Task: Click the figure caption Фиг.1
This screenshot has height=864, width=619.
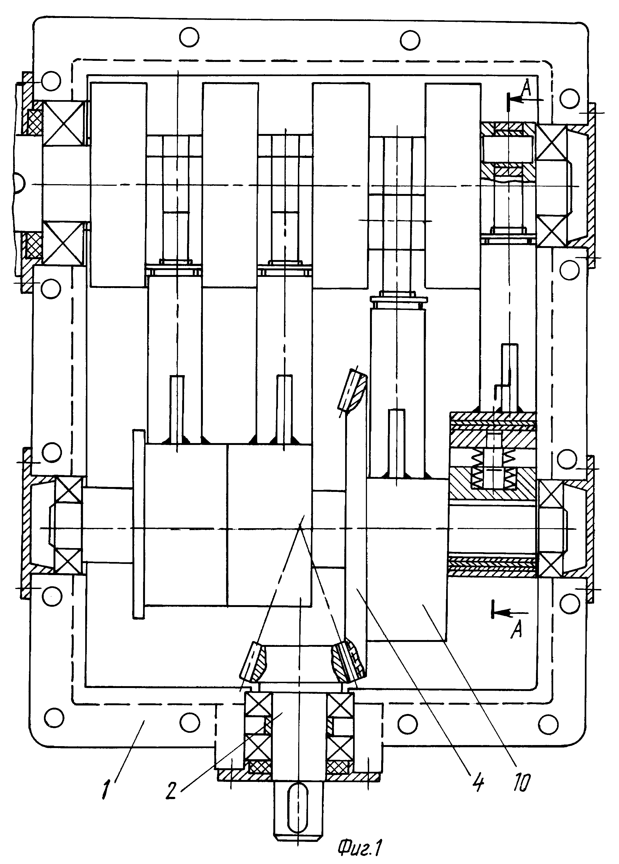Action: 360,846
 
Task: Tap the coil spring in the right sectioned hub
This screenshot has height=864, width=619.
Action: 494,468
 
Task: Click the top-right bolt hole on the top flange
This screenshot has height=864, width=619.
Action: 410,40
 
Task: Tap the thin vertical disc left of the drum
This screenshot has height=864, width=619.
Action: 139,525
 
